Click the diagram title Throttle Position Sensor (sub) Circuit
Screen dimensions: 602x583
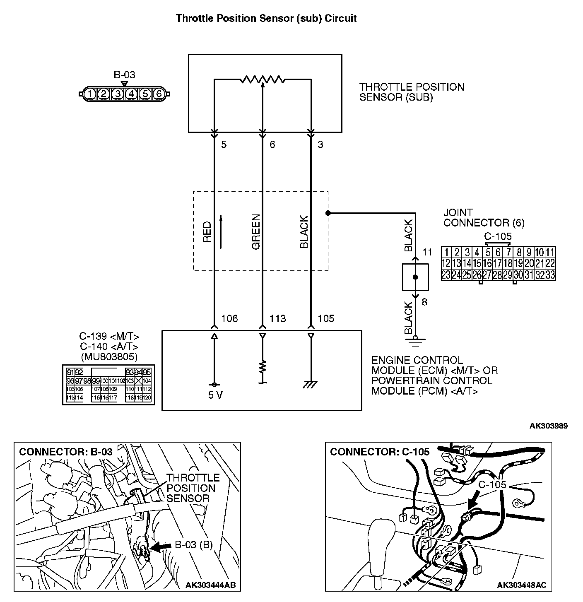tap(266, 19)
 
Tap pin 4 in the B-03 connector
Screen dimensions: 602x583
tap(131, 94)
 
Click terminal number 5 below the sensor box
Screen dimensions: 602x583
tap(224, 144)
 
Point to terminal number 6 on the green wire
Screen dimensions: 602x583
tap(272, 144)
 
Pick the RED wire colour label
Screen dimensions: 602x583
tap(207, 232)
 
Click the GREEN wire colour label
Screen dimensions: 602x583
tap(256, 232)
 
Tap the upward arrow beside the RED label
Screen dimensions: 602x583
tap(221, 232)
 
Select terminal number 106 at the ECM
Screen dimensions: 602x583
tap(229, 318)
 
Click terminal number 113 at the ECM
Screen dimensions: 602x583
tap(277, 318)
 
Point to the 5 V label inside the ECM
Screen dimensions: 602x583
tap(215, 395)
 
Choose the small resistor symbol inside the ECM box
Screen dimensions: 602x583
tap(263, 367)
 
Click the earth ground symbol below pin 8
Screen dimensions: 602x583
tap(416, 341)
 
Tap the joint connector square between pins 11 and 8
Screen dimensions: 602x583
tap(416, 277)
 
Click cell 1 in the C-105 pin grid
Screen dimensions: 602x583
tap(446, 253)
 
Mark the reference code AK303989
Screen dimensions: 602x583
tap(548, 426)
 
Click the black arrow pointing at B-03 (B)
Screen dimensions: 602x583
tap(161, 547)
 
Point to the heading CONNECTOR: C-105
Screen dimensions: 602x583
tap(379, 452)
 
